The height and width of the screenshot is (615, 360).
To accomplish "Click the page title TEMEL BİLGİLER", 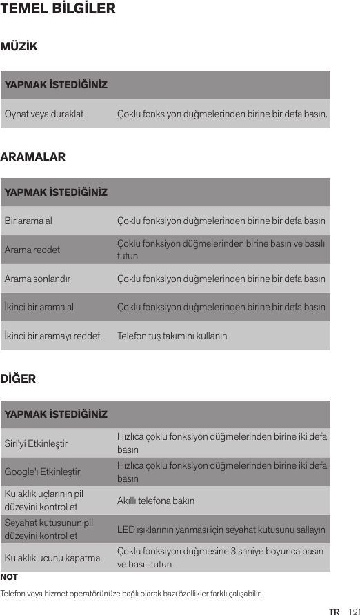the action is click(x=58, y=10).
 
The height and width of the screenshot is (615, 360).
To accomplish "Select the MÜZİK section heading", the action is click(x=19, y=48).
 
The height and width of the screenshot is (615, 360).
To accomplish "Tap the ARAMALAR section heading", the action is click(x=33, y=157).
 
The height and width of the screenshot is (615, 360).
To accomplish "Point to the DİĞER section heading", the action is click(x=18, y=379).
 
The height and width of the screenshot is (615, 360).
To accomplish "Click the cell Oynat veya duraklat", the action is click(x=44, y=113).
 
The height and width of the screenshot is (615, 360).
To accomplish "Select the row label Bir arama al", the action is click(x=28, y=221).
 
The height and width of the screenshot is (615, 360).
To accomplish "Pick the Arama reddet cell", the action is click(x=32, y=250).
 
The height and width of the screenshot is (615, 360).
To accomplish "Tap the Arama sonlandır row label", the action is click(x=37, y=279).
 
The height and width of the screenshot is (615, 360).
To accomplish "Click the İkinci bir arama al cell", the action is click(x=39, y=307).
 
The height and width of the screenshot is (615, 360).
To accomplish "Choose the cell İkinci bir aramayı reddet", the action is click(x=52, y=336).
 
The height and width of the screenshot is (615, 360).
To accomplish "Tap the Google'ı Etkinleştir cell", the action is click(x=42, y=472).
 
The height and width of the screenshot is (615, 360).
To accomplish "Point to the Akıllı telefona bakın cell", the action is click(x=156, y=501).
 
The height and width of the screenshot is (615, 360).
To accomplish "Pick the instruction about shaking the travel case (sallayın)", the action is click(x=221, y=530).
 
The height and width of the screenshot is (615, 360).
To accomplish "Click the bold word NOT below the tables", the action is click(x=10, y=576).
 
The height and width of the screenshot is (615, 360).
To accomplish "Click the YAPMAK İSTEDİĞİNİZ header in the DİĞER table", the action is click(x=56, y=415).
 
